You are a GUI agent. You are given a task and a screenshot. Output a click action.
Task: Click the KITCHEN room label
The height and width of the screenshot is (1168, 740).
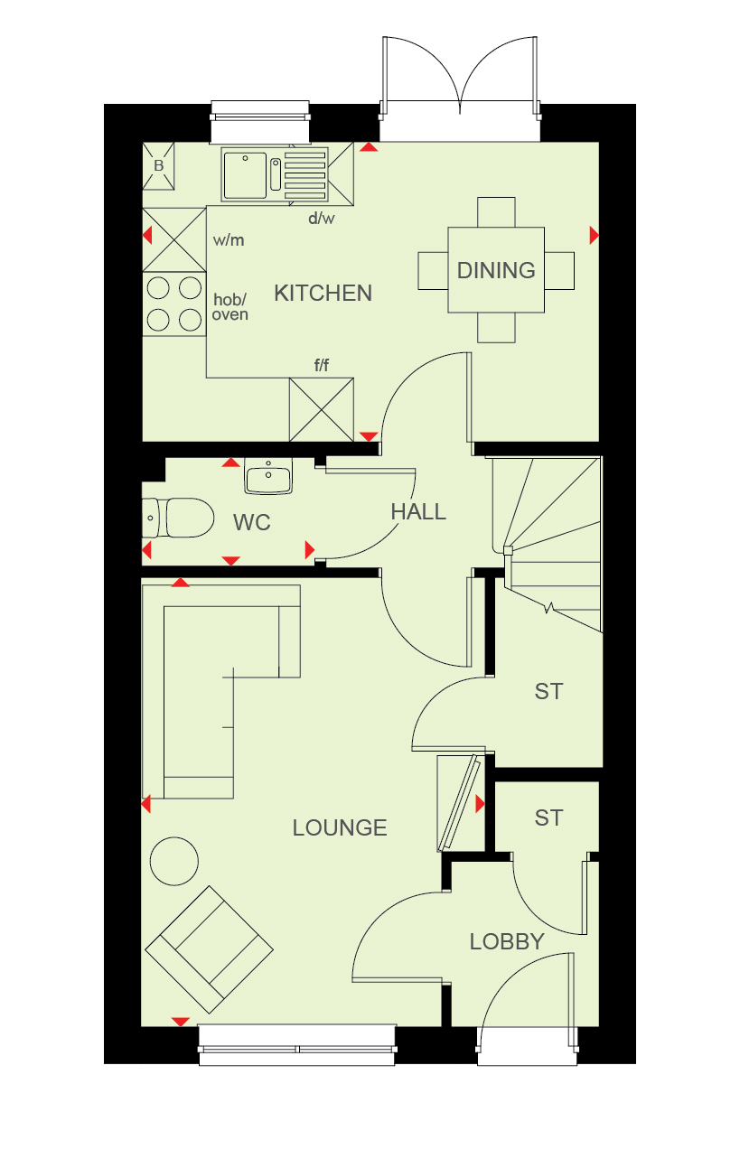(323, 293)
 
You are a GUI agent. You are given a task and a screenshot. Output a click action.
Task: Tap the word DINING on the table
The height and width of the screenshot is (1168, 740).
(496, 270)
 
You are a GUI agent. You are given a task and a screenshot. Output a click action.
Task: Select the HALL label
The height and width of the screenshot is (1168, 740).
(418, 512)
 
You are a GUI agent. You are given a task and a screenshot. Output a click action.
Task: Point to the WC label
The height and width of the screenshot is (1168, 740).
(252, 522)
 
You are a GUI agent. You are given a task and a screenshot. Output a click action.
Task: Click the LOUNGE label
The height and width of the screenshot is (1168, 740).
(340, 827)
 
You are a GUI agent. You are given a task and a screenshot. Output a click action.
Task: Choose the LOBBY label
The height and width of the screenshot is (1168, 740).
(507, 941)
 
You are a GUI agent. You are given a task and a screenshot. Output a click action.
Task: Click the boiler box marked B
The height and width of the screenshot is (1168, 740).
(158, 166)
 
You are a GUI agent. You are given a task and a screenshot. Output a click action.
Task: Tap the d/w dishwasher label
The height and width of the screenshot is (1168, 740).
(322, 218)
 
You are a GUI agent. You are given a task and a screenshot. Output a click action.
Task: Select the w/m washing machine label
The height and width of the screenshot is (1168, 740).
(229, 240)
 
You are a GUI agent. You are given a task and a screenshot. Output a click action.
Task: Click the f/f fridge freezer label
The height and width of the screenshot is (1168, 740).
(322, 365)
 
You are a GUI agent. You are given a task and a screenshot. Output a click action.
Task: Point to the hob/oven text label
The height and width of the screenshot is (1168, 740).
(230, 307)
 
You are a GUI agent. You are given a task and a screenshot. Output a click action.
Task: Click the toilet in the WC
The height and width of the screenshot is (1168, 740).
(178, 518)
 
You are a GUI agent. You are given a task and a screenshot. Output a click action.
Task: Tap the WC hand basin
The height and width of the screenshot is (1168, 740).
(268, 476)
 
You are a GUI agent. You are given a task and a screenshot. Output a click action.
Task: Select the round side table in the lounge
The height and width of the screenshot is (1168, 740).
(174, 861)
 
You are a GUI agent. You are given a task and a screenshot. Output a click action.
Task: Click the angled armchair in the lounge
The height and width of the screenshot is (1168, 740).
(209, 949)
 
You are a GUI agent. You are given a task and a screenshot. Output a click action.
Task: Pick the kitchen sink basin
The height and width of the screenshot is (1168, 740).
(245, 176)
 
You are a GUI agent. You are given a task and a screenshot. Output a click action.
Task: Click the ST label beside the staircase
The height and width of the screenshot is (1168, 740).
(548, 691)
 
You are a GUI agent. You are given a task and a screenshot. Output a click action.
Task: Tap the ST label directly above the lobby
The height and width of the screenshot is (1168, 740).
(548, 818)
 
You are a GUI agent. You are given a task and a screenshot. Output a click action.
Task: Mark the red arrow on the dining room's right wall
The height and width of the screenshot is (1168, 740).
(594, 235)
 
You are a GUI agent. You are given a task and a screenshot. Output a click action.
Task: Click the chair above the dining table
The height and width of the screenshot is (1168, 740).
(496, 212)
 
